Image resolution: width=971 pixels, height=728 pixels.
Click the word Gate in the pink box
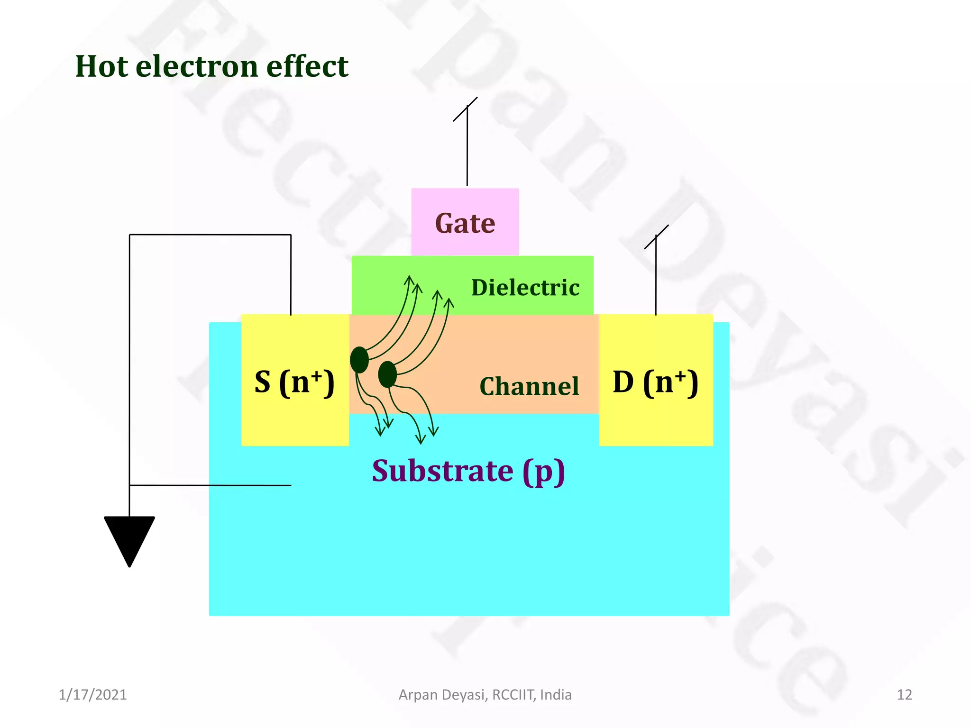[465, 223]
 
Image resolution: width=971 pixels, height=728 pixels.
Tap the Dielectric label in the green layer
[525, 288]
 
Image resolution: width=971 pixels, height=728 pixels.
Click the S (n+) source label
[294, 382]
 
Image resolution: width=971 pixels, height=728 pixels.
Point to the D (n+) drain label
[655, 382]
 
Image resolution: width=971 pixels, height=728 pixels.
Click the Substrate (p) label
[468, 471]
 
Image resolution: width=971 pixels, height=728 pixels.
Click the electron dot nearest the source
[359, 360]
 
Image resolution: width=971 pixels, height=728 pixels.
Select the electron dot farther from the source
[387, 374]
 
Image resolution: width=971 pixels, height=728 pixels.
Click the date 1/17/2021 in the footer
[92, 695]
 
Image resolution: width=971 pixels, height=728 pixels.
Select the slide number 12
[904, 695]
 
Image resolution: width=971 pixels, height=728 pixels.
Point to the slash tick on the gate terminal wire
[465, 109]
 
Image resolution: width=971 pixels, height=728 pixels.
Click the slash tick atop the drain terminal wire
[656, 237]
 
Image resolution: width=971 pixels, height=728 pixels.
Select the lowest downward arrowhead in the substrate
[420, 440]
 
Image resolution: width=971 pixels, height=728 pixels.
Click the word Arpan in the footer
[418, 695]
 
